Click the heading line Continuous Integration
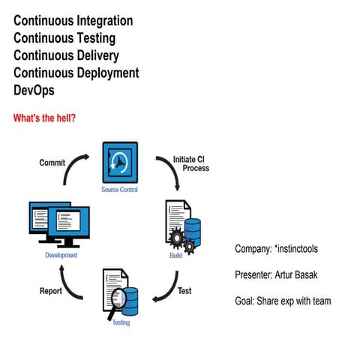[x=73, y=21]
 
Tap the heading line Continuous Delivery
[x=66, y=55]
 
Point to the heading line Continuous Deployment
[x=76, y=73]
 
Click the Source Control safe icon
[x=121, y=163]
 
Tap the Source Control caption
[x=121, y=189]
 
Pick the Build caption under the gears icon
[x=176, y=256]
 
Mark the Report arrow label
[x=50, y=291]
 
